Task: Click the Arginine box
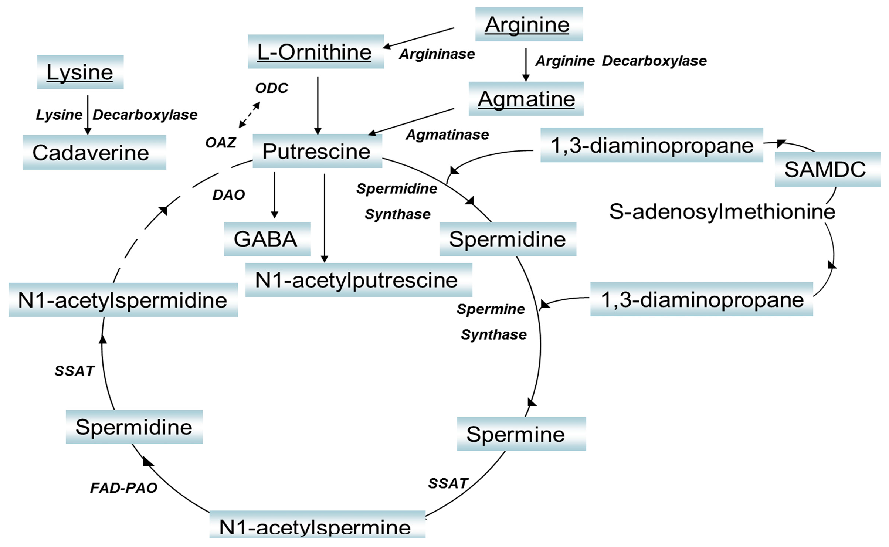(x=529, y=24)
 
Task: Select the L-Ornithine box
(x=315, y=52)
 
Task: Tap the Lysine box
(x=80, y=72)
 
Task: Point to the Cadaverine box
(x=94, y=152)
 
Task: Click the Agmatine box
(x=526, y=99)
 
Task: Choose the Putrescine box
(x=317, y=151)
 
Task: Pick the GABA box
(x=267, y=239)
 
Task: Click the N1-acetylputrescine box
(x=358, y=280)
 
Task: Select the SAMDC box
(x=827, y=169)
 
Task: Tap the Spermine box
(x=521, y=434)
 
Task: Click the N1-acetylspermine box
(x=317, y=526)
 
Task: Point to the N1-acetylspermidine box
(x=123, y=300)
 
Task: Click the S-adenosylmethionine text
(x=722, y=212)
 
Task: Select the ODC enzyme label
(x=272, y=88)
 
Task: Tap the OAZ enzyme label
(x=221, y=143)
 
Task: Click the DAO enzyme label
(x=228, y=195)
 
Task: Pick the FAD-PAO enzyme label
(x=123, y=488)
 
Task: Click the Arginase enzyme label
(x=437, y=54)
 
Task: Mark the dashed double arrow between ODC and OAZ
(x=249, y=115)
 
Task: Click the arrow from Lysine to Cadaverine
(x=88, y=115)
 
